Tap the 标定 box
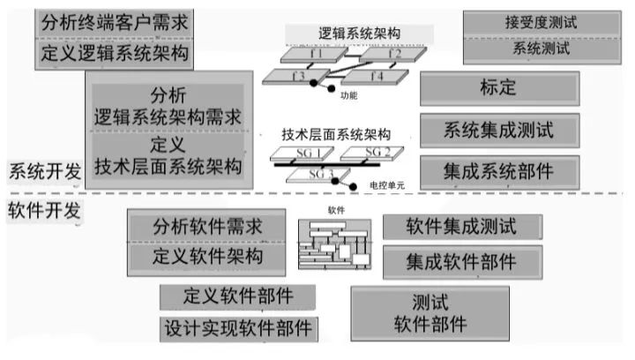click(498, 88)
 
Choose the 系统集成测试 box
click(498, 131)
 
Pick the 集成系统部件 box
click(498, 170)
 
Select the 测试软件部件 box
click(431, 311)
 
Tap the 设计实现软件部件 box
click(238, 328)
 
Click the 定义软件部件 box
click(238, 295)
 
